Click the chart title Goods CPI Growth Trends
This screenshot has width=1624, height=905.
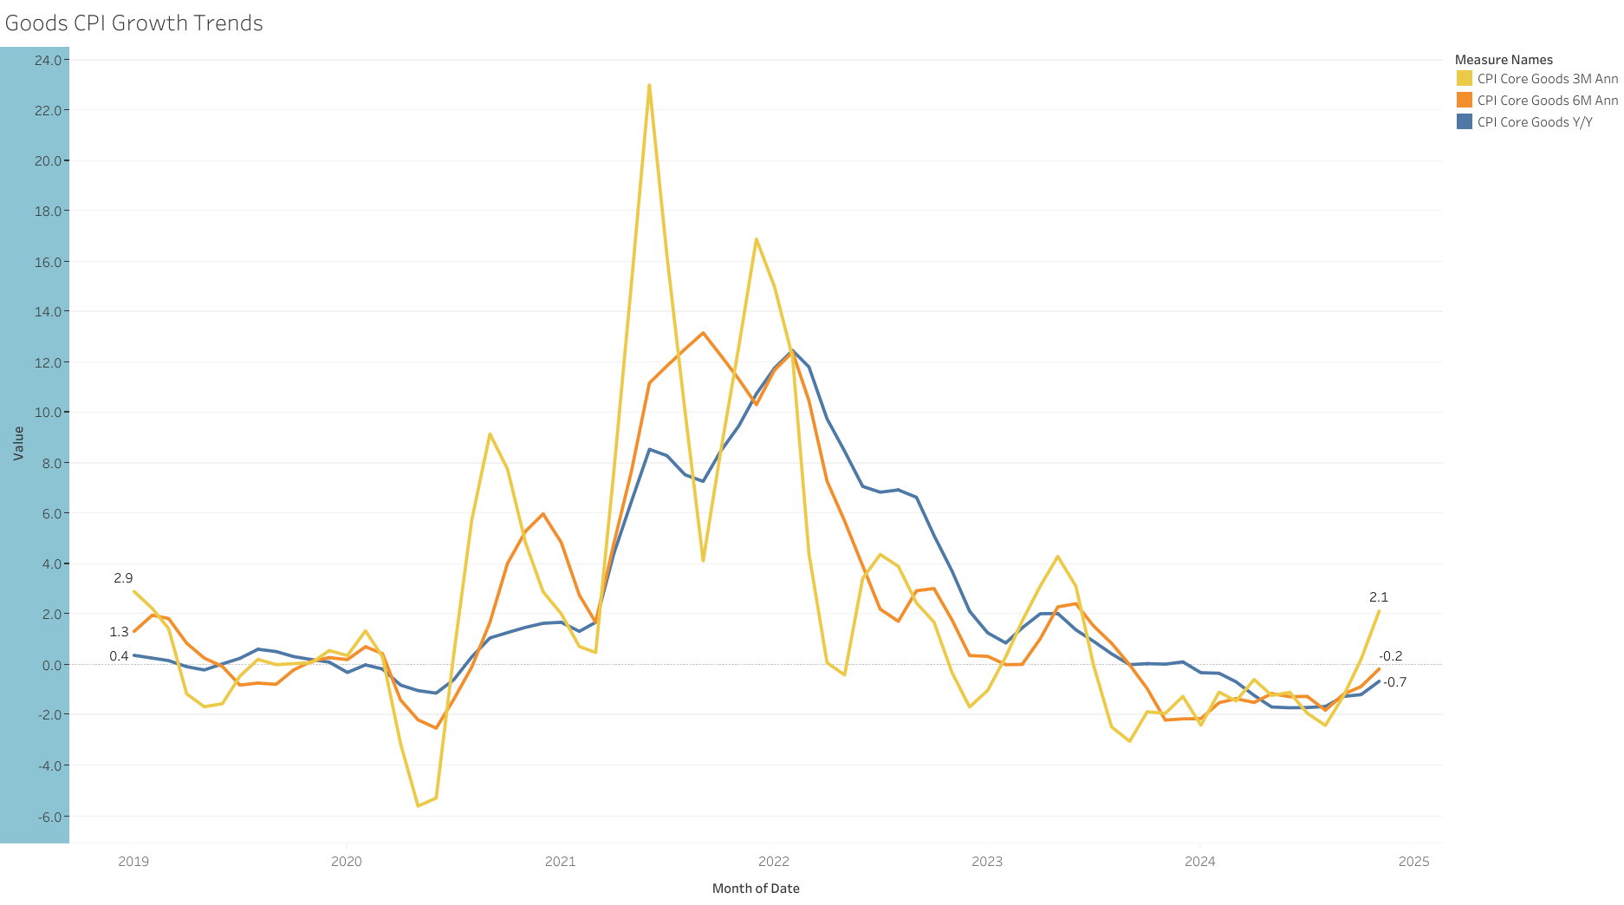tap(134, 23)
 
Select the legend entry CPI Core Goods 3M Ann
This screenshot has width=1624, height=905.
tap(1547, 79)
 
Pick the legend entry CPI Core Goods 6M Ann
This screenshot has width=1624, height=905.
tap(1547, 101)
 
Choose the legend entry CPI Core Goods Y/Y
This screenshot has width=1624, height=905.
tap(1534, 122)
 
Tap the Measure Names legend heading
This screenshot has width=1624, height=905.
tap(1504, 60)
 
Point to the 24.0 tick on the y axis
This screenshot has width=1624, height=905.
tap(48, 60)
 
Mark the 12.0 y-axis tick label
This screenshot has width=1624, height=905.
tap(48, 362)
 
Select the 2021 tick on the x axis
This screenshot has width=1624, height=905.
tap(560, 861)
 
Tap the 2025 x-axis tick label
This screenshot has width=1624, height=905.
tap(1414, 861)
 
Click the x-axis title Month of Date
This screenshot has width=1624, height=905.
tap(756, 889)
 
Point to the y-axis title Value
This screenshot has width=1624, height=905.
tap(18, 443)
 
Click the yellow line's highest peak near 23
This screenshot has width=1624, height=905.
tap(649, 85)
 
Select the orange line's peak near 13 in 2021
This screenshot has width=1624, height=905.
tap(703, 333)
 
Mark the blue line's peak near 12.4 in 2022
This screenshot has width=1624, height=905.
tap(792, 351)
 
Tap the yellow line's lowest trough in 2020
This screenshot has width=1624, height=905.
tap(418, 805)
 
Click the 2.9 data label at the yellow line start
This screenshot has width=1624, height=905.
tap(123, 578)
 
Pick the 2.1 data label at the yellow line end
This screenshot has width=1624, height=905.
tap(1378, 597)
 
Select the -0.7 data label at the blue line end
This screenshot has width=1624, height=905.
tap(1395, 682)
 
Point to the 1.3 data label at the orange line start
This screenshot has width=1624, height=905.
tap(119, 632)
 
